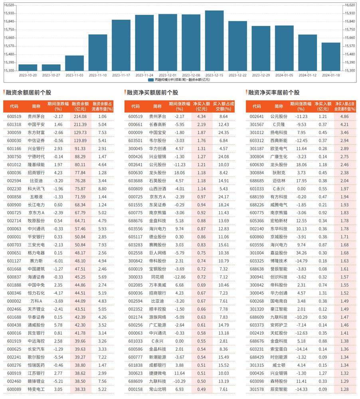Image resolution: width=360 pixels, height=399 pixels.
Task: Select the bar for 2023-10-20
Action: click(28, 67)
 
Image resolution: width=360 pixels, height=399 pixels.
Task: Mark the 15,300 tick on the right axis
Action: click(349, 71)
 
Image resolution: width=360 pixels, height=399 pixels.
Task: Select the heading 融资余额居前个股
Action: click(28, 93)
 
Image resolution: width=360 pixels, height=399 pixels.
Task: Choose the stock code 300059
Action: click(14, 132)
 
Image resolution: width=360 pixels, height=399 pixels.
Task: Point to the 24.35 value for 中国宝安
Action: click(223, 132)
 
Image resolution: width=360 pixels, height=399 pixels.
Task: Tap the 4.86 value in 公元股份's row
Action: click(344, 117)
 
